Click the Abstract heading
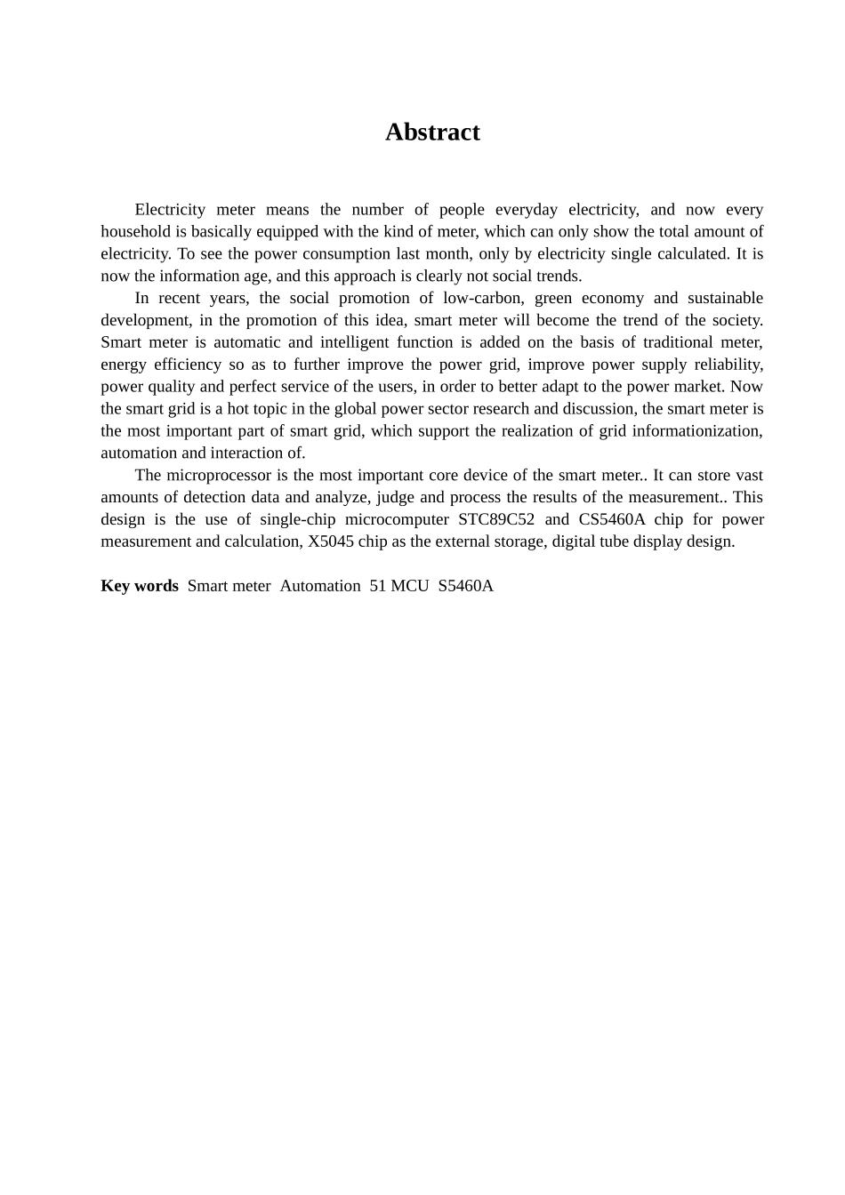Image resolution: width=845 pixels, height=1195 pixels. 432,132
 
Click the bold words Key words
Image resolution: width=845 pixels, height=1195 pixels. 139,586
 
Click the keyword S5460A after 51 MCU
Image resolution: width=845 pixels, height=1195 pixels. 465,586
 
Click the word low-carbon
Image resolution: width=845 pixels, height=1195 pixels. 482,298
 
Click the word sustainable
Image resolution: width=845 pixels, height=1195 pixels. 725,298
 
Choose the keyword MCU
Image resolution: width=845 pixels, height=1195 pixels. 409,586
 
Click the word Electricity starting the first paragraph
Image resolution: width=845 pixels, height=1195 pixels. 170,210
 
